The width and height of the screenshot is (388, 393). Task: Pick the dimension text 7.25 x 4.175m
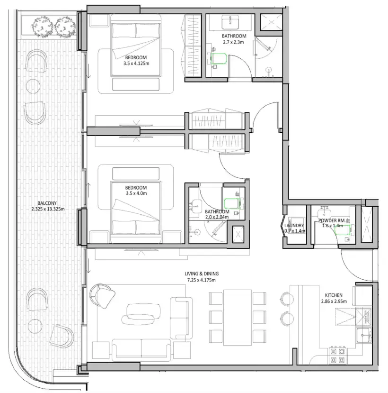202,280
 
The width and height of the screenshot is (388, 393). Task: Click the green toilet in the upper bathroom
220,59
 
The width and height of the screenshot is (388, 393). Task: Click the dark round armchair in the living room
103,295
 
